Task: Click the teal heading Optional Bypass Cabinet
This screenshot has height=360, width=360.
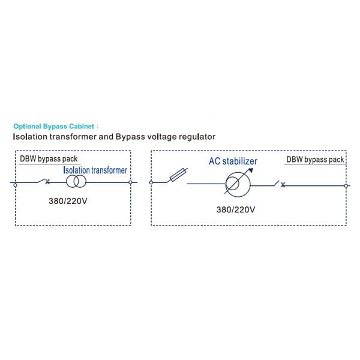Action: (x=54, y=126)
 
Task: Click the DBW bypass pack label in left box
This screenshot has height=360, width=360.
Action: (x=49, y=159)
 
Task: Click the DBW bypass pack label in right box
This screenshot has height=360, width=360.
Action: (x=315, y=160)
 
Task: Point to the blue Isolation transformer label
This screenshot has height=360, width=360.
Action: (x=95, y=170)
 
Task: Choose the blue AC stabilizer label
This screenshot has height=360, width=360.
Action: (x=233, y=161)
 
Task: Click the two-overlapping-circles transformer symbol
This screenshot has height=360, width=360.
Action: (x=76, y=181)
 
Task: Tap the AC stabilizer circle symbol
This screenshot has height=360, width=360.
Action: (x=238, y=184)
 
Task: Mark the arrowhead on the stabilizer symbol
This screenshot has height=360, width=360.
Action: (x=251, y=170)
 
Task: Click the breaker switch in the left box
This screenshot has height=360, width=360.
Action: (x=44, y=181)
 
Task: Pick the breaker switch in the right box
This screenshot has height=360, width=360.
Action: (x=280, y=184)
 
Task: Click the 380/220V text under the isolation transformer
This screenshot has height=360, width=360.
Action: (x=68, y=201)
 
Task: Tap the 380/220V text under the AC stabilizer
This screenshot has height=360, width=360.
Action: (x=236, y=209)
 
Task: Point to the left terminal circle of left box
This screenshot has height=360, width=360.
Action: (x=16, y=185)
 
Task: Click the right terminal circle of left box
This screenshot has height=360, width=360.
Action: (x=130, y=182)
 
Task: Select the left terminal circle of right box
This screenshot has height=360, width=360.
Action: (x=151, y=182)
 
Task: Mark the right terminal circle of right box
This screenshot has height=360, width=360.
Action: (x=346, y=186)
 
